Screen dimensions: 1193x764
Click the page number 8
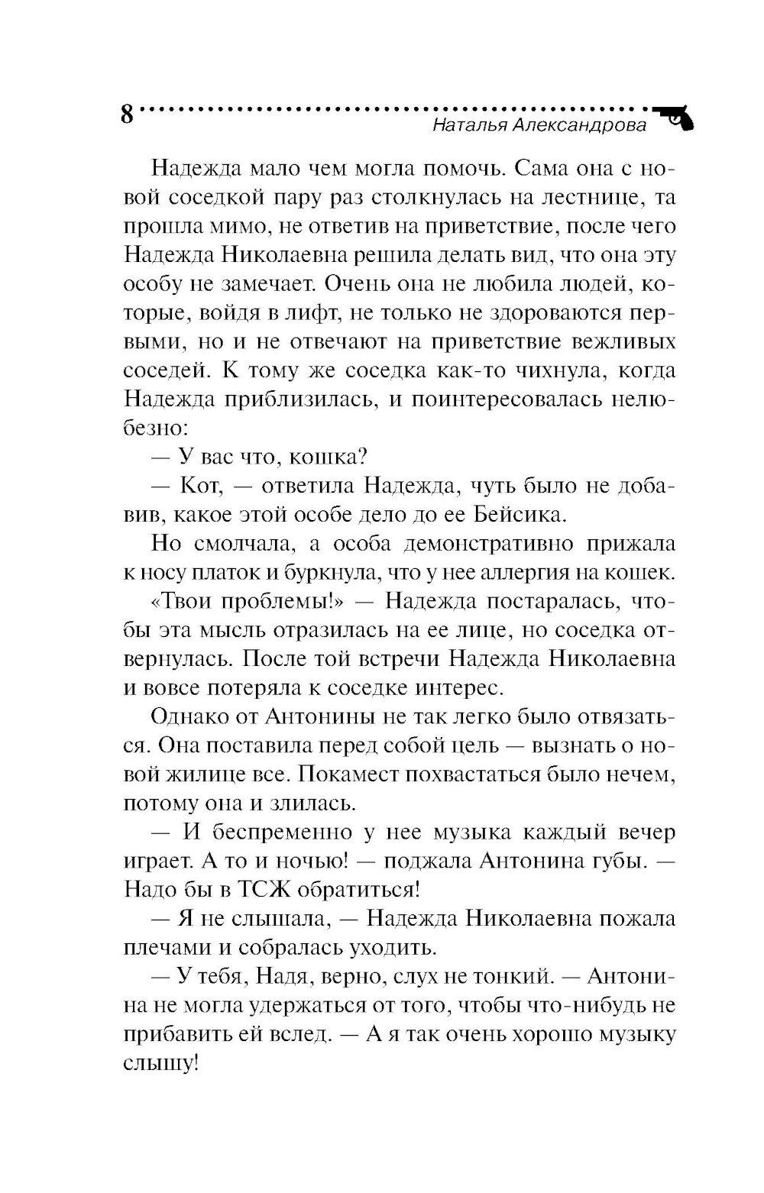tap(127, 115)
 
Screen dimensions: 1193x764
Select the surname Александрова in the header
tap(579, 126)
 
